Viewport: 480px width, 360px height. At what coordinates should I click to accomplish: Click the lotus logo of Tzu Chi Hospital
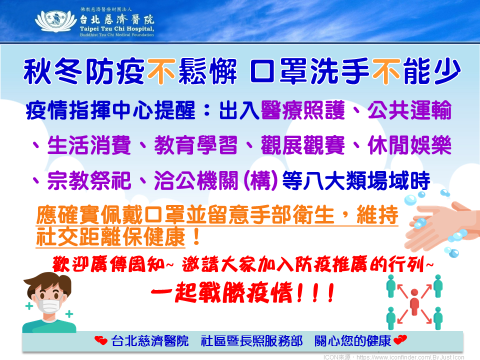(x=55, y=21)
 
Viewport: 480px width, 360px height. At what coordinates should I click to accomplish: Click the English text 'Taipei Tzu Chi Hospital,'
(x=117, y=29)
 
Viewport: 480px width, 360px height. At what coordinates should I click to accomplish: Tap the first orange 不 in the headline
(x=161, y=71)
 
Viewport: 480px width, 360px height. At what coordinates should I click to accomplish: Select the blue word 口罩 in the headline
(x=278, y=71)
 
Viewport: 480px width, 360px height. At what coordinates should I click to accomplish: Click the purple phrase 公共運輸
(x=409, y=110)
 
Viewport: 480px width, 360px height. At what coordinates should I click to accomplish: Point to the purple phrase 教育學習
(x=196, y=145)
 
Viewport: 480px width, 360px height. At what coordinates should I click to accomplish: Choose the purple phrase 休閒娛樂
(x=409, y=145)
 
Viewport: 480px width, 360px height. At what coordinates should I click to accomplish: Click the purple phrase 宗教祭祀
(x=89, y=180)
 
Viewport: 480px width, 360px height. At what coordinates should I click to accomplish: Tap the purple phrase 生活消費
(x=89, y=145)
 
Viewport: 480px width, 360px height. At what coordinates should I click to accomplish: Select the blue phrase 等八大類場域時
(x=356, y=180)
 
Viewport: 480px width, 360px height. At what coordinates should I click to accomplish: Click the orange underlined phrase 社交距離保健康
(x=111, y=236)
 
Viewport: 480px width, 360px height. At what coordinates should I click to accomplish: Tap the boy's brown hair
(x=47, y=283)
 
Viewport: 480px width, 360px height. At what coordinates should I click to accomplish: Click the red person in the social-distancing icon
(x=414, y=301)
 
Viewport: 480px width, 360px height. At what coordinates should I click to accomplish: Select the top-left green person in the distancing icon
(x=391, y=285)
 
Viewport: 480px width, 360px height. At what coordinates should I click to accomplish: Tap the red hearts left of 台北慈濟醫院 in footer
(x=101, y=340)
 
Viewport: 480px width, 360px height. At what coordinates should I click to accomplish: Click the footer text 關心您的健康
(x=352, y=340)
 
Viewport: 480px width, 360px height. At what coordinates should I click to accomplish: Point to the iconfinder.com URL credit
(x=393, y=357)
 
